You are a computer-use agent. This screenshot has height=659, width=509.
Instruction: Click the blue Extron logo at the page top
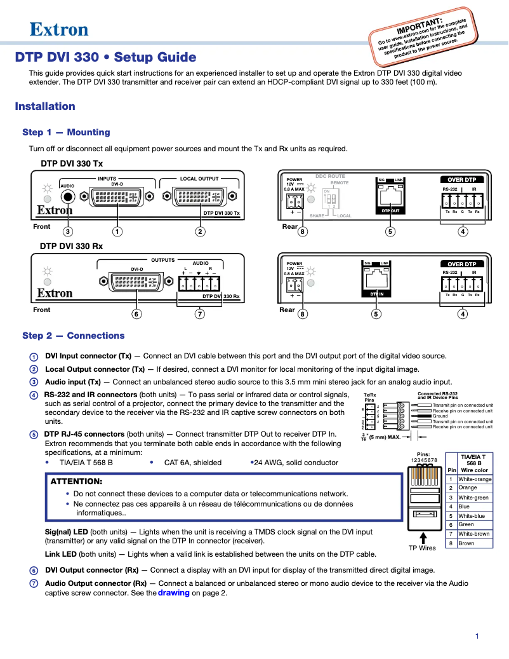click(59, 29)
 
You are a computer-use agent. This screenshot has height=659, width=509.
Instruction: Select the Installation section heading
click(45, 106)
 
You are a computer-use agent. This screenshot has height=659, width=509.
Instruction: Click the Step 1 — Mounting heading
click(66, 132)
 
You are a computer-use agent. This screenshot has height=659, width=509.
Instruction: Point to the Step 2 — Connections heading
click(74, 336)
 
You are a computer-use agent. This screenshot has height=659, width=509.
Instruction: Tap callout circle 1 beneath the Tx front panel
click(117, 232)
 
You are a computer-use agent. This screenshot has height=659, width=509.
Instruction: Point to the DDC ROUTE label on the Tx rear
click(330, 176)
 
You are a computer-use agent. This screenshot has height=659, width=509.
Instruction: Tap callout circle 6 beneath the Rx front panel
click(136, 314)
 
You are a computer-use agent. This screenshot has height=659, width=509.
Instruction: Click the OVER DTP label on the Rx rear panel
click(461, 264)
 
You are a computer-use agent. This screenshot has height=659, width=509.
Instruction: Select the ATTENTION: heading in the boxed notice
click(76, 481)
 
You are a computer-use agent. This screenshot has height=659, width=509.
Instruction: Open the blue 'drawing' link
click(174, 593)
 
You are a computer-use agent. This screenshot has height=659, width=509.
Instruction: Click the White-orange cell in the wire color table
click(475, 479)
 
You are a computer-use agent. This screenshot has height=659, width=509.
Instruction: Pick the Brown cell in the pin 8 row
click(466, 543)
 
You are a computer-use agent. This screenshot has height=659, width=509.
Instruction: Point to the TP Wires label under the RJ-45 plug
click(422, 548)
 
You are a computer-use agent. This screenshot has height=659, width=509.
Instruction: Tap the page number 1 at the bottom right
click(477, 636)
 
